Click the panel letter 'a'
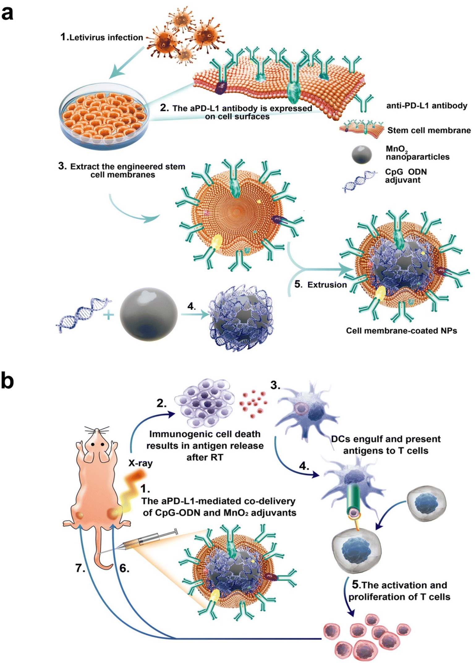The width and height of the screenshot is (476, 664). (x=7, y=13)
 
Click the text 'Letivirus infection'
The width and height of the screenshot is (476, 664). (x=106, y=37)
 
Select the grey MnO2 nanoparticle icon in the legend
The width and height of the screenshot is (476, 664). (x=361, y=154)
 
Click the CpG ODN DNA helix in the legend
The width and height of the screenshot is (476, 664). (x=360, y=181)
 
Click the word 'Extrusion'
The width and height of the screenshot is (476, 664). (x=327, y=284)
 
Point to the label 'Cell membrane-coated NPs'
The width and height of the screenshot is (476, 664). (x=401, y=331)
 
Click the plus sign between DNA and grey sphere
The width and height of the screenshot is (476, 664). (x=108, y=315)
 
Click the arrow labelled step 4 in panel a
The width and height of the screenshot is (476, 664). (x=195, y=315)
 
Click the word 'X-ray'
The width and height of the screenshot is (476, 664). (x=140, y=463)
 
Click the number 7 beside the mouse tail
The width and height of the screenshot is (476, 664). (x=80, y=568)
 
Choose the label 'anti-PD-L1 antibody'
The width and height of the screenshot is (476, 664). (x=427, y=106)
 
